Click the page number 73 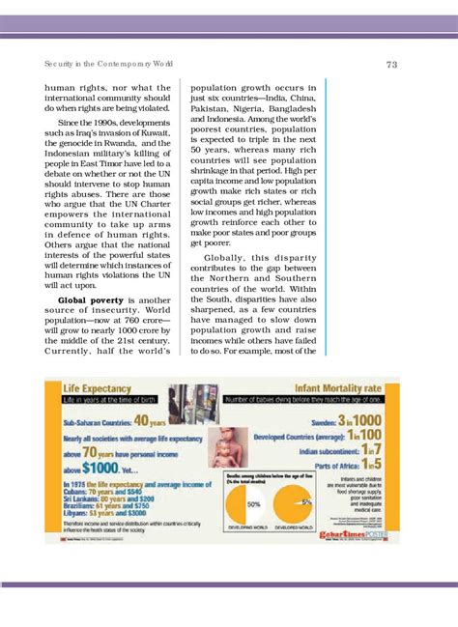click(x=391, y=65)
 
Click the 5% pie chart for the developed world click(x=295, y=504)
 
